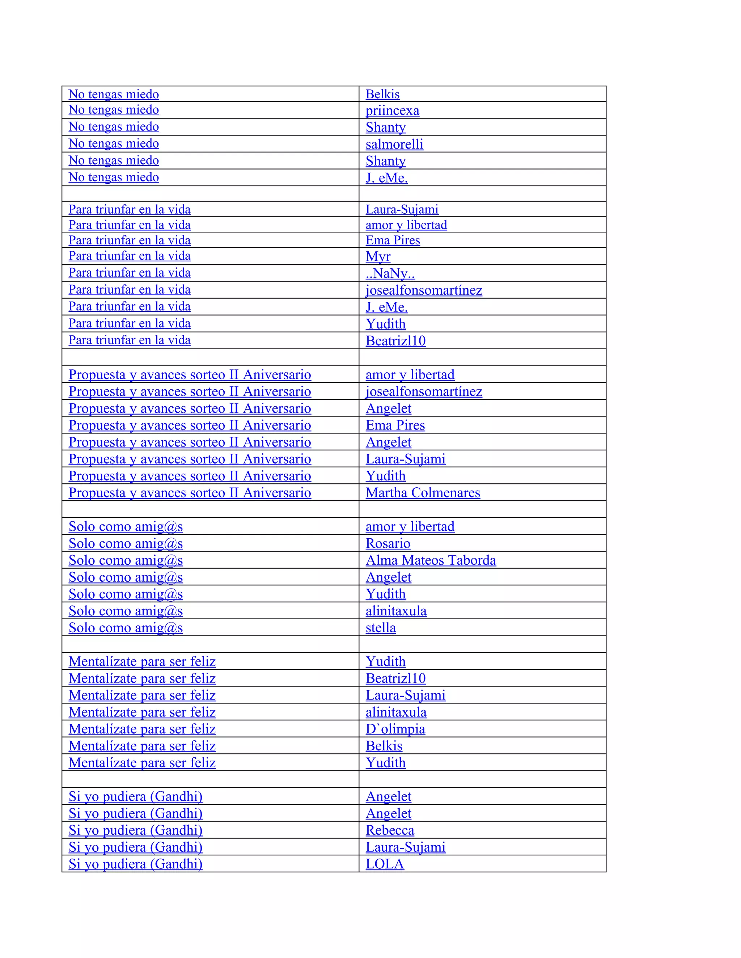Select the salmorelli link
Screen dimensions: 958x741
[x=394, y=144]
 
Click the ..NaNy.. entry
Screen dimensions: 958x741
[x=390, y=273]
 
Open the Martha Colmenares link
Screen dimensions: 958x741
[x=422, y=493]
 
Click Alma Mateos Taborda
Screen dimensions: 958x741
[x=430, y=561]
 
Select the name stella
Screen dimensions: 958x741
[x=380, y=628]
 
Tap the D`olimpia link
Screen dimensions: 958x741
[x=395, y=729]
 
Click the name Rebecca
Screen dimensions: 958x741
[x=389, y=830]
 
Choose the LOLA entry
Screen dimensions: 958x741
[x=385, y=864]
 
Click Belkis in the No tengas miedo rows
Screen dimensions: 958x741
[x=382, y=94]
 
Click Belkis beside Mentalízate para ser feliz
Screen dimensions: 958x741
[x=384, y=746]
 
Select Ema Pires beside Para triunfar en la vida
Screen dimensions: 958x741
[x=393, y=240]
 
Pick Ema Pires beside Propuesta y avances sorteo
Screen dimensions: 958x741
[x=395, y=425]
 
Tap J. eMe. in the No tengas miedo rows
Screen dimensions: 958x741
[x=386, y=178]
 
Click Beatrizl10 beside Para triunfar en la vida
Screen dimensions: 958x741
[x=395, y=341]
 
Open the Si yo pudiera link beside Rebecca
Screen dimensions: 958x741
[x=135, y=830]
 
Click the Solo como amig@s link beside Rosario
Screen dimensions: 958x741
[x=126, y=543]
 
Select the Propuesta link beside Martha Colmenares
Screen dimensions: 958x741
[x=190, y=493]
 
